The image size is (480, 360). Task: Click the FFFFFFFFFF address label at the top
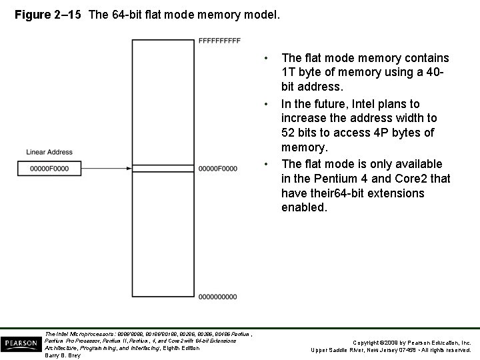pyautogui.click(x=219, y=41)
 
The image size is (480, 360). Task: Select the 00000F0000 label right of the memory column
pyautogui.click(x=218, y=169)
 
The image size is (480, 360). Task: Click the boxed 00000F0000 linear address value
pyautogui.click(x=49, y=169)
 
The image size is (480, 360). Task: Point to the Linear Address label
pyautogui.click(x=49, y=153)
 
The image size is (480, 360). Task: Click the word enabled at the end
pyautogui.click(x=304, y=208)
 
